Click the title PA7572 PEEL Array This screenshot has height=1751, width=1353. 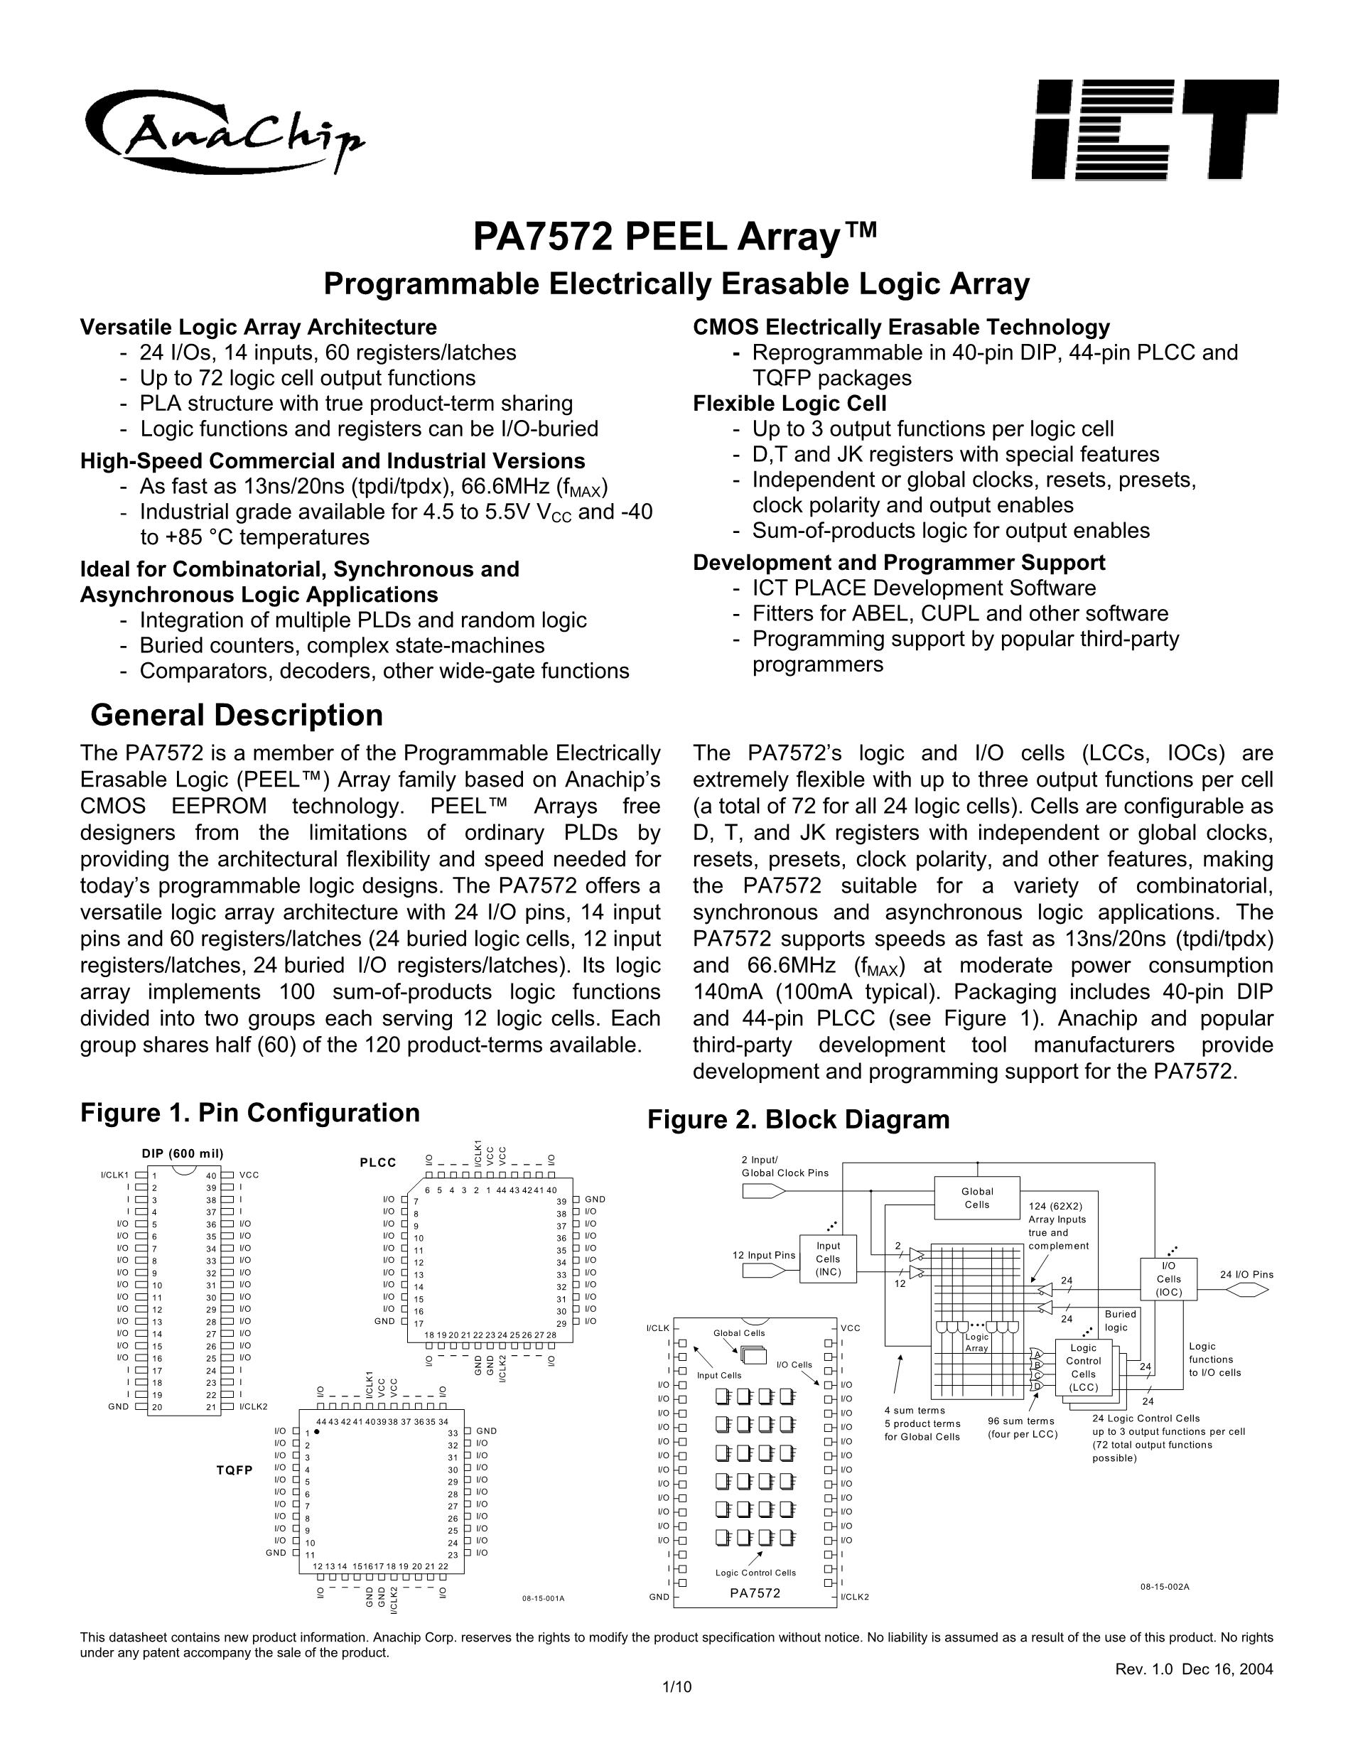pos(675,237)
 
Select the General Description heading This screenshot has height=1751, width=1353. pos(237,714)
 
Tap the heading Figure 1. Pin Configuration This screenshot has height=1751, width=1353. pos(250,1113)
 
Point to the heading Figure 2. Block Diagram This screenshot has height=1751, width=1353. pos(798,1119)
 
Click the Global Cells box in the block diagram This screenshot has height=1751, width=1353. pos(977,1198)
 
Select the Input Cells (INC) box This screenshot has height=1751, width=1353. pos(828,1259)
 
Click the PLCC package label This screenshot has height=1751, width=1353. pos(378,1163)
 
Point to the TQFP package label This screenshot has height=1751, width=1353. pos(234,1470)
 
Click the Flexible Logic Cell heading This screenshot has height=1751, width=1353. pos(789,403)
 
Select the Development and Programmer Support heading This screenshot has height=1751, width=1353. pos(898,562)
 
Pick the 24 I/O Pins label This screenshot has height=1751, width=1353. pos(1246,1275)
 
